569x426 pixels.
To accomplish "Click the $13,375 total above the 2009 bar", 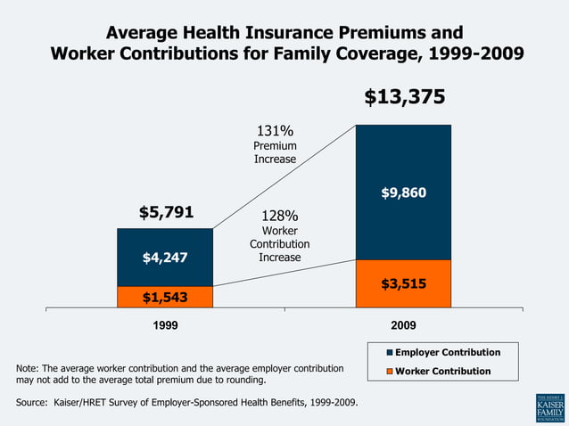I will click(x=404, y=97).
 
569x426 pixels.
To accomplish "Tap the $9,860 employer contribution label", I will click(x=403, y=193).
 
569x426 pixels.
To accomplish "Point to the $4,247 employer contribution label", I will click(x=165, y=258).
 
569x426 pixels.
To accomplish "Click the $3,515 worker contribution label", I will click(x=403, y=284).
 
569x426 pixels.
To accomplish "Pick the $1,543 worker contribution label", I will click(x=165, y=298).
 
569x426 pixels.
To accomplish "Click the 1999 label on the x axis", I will click(x=165, y=326).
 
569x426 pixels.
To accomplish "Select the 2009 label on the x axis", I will click(x=403, y=326).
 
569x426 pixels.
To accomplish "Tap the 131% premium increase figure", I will click(x=275, y=131).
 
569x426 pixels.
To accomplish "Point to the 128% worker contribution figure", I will click(x=279, y=217).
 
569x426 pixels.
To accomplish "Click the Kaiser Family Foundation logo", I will click(x=548, y=407).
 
